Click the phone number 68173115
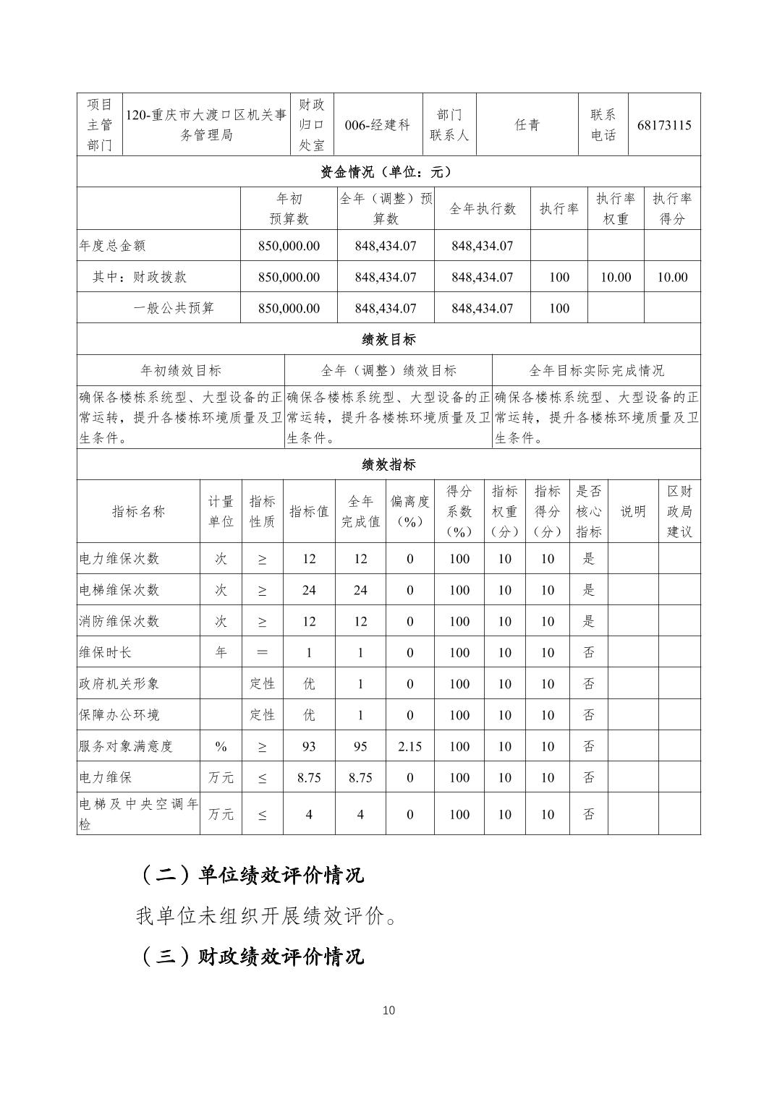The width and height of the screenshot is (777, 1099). point(664,125)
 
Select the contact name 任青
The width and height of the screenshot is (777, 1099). point(527,125)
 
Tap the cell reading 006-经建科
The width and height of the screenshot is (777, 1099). point(378,125)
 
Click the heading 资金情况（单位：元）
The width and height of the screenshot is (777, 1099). point(388,172)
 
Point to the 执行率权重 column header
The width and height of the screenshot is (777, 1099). point(616,209)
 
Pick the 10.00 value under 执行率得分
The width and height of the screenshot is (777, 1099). point(672,277)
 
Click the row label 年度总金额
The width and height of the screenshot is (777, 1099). point(112,246)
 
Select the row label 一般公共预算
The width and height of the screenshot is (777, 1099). point(174,308)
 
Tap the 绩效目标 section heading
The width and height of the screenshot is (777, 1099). point(388,339)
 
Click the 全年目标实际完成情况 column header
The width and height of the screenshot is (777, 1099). point(596,371)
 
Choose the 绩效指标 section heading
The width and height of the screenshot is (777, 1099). point(388,464)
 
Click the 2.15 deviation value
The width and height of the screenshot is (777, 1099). point(409,746)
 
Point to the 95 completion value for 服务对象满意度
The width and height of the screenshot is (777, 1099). point(360,746)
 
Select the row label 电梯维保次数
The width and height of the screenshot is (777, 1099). point(119,590)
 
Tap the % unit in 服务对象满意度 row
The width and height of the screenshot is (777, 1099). point(221,746)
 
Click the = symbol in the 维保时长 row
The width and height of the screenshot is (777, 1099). point(262,652)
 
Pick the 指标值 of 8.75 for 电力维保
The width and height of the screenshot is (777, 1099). point(309,778)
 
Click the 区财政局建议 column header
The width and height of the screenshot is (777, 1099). point(679,511)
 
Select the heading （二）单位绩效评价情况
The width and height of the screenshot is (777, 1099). point(250,876)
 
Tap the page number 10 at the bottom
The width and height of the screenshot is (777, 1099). point(388,1010)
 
